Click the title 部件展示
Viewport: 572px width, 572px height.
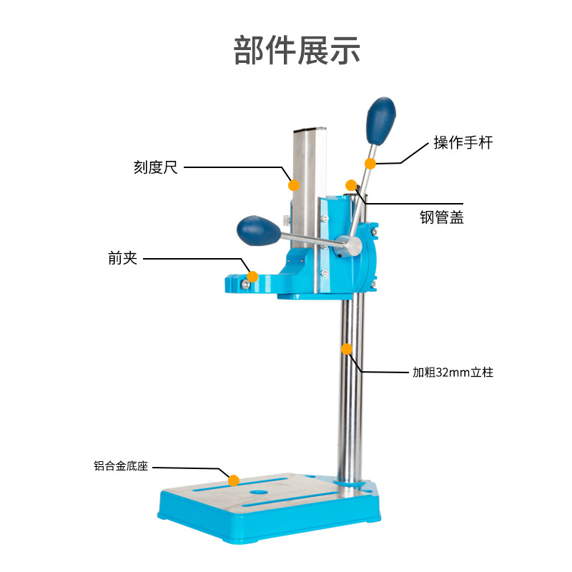click(297, 50)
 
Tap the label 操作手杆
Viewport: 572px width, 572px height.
click(463, 142)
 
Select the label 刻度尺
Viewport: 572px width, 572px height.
click(156, 167)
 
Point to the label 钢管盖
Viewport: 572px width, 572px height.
click(441, 217)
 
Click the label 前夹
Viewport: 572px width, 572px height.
click(122, 258)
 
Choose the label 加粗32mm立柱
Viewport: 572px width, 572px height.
click(453, 373)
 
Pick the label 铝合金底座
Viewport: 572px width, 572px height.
click(121, 466)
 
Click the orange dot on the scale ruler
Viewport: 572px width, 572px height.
click(294, 185)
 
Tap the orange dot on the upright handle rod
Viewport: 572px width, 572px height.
click(370, 164)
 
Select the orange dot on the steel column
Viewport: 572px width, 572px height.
click(347, 349)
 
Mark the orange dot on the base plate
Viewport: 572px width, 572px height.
click(234, 480)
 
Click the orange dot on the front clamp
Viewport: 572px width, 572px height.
click(252, 277)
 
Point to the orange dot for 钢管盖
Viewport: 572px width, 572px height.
click(351, 185)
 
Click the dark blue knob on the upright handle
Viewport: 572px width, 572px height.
click(380, 121)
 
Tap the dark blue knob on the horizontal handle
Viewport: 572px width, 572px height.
click(259, 230)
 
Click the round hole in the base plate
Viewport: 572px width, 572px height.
click(259, 492)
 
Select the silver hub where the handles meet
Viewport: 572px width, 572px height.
click(349, 245)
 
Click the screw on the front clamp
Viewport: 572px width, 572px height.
click(245, 284)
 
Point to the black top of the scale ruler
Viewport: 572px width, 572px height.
click(310, 129)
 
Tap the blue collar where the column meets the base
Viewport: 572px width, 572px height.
click(350, 483)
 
